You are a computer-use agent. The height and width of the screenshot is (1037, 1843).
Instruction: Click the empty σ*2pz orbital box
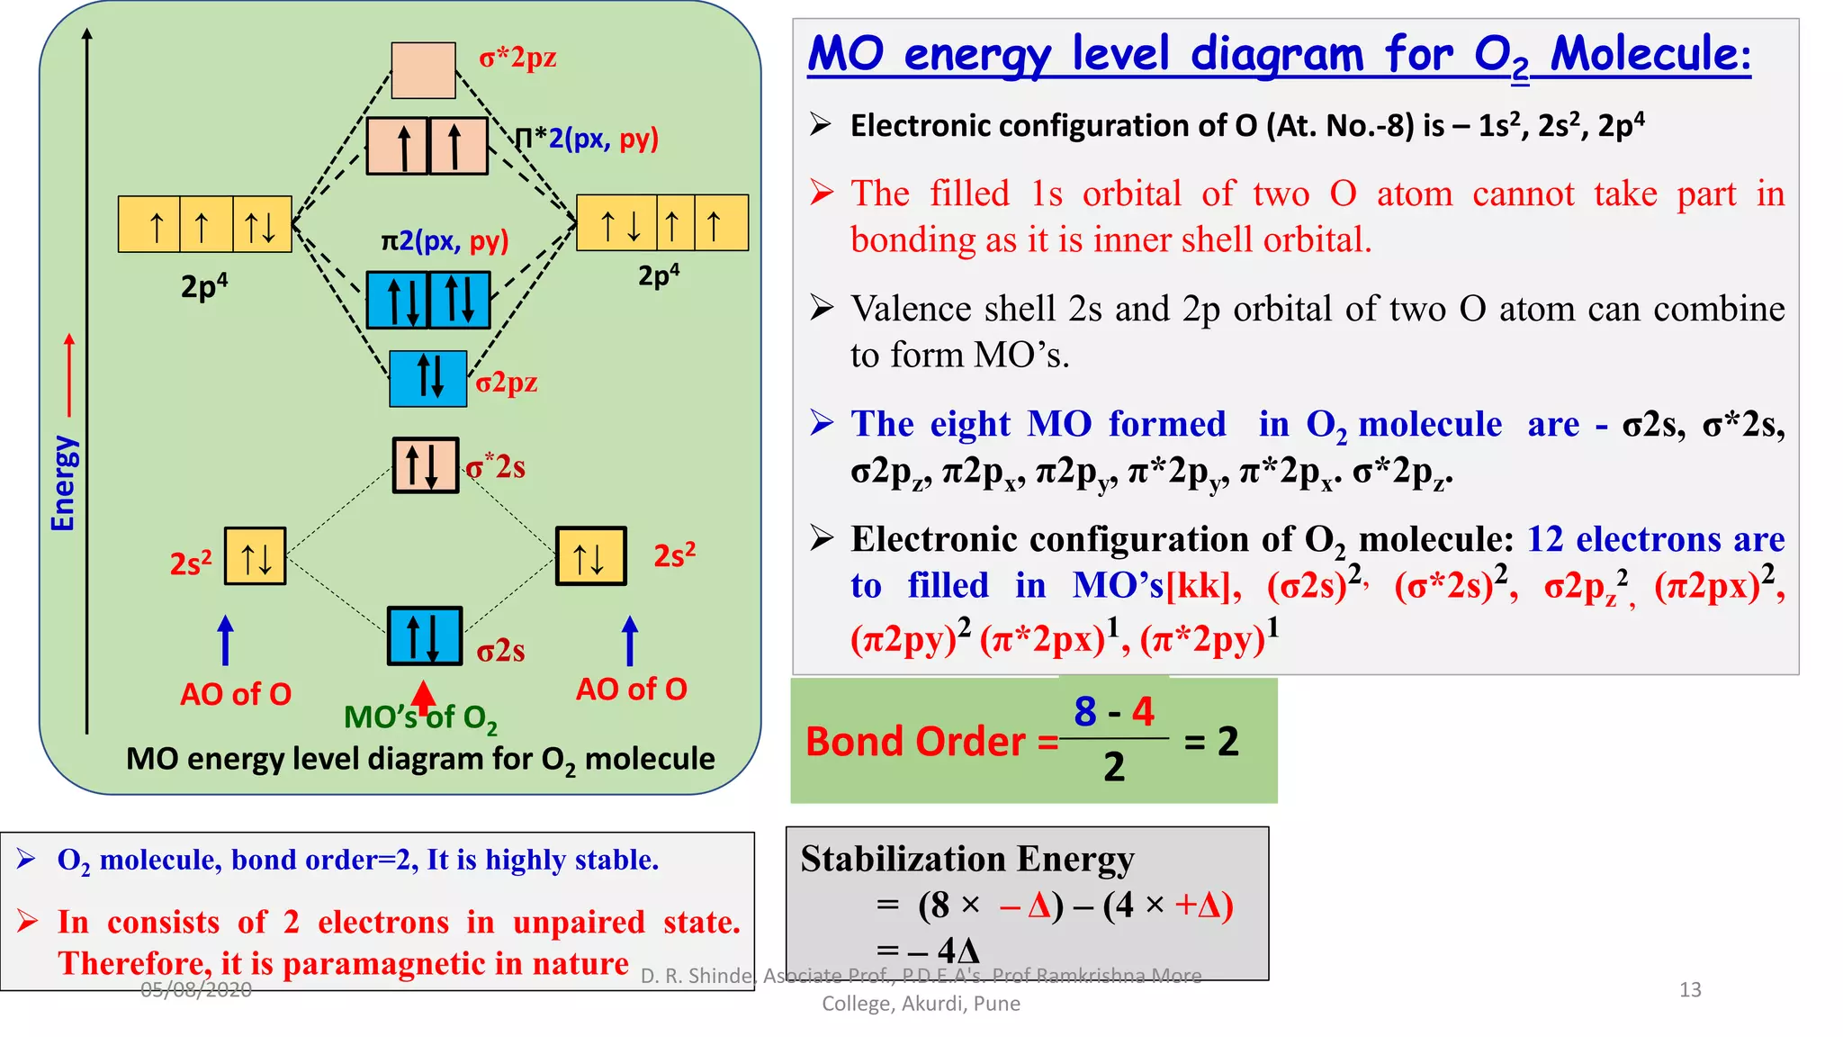coord(423,69)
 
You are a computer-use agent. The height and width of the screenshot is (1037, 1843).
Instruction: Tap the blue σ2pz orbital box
coord(428,378)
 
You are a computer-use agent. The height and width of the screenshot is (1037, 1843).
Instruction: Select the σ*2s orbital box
coord(426,464)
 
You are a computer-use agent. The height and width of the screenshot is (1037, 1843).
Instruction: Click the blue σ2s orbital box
coord(425,636)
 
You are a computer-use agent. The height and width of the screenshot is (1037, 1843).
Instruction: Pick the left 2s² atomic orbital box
coord(256,556)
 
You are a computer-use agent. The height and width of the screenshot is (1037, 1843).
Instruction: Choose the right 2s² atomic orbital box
coord(590,556)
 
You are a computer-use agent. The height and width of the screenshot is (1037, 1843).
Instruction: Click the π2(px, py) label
coord(445,241)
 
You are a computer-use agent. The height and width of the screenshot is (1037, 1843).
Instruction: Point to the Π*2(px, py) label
coord(587,139)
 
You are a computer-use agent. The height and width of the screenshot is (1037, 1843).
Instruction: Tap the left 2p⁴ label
coord(204,286)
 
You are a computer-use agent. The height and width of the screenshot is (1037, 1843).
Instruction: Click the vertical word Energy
coord(63,483)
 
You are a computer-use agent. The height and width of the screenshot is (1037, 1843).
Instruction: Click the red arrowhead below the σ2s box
coord(423,694)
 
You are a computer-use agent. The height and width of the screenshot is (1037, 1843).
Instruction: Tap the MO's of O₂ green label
coord(420,718)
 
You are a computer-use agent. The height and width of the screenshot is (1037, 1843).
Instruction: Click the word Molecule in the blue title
coord(1650,54)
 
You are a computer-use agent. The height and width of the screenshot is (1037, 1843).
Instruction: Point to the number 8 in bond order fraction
coord(1085,711)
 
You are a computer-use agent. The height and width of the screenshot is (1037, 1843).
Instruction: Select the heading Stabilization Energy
coord(967,859)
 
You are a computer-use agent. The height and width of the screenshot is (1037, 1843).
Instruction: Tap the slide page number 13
coord(1690,990)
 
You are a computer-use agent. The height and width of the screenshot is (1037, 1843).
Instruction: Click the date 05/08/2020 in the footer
coord(196,990)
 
